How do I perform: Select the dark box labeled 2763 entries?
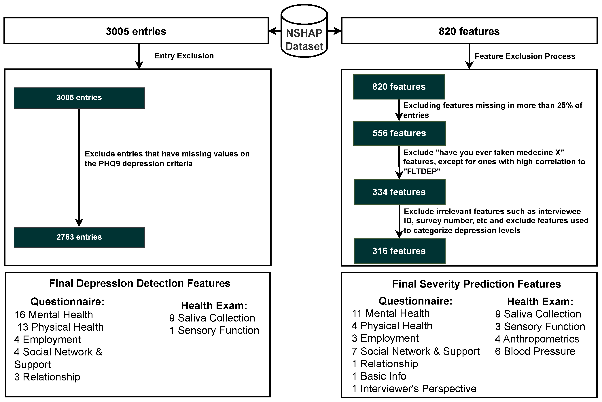(79, 237)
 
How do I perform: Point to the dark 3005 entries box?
(79, 98)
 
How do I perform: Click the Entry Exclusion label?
(184, 56)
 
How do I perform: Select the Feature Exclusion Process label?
(525, 56)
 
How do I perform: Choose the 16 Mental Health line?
(54, 315)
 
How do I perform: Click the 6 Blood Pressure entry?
(535, 351)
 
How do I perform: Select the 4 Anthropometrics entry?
(537, 339)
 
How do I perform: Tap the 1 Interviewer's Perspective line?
(414, 389)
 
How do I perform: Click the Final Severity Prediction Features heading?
(476, 284)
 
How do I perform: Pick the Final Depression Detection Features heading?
(140, 283)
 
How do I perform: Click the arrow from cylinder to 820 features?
(334, 31)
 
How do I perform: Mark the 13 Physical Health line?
(60, 327)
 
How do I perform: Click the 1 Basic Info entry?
(379, 376)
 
